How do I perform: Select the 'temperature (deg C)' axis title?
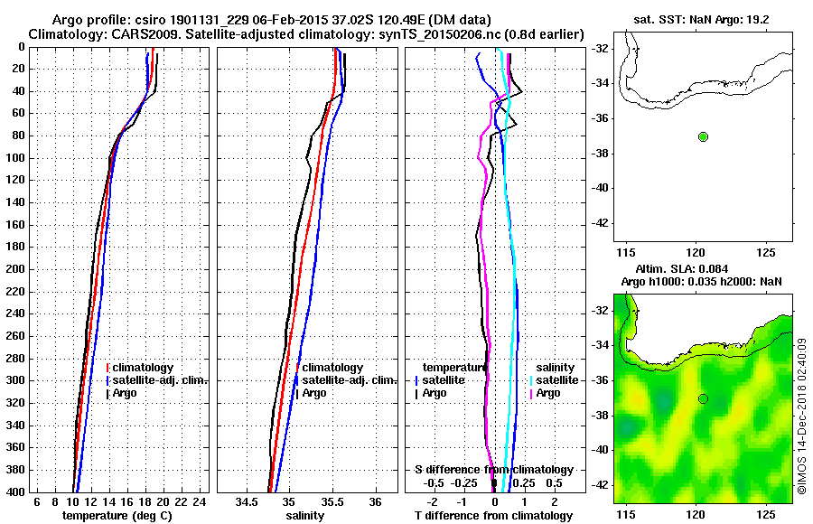117,515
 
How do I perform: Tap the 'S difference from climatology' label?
493,470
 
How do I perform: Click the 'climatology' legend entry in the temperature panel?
142,368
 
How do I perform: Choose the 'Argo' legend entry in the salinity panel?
314,393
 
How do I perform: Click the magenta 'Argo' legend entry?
548,393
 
